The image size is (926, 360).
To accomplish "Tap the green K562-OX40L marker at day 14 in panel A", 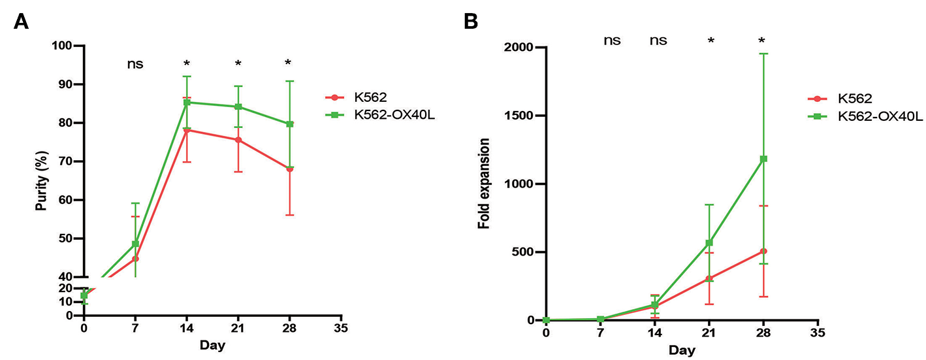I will point(187,102).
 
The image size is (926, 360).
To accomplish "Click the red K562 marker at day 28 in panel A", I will point(289,169).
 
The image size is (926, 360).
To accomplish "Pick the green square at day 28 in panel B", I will point(763,159).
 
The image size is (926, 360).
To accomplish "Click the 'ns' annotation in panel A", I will point(135,64).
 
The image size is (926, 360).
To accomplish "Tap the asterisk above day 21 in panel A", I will point(238,64).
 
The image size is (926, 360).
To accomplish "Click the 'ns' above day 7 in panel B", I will point(611,41).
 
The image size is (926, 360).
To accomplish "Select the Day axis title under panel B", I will point(682,351).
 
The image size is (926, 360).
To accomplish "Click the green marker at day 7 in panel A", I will point(135,244).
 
